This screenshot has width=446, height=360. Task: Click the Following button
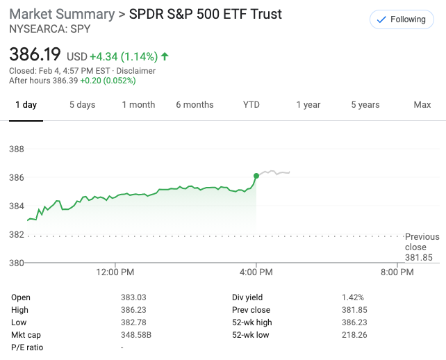tap(400, 19)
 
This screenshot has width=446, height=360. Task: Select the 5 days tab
tap(82, 105)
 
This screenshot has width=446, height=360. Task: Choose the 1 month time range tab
tap(138, 105)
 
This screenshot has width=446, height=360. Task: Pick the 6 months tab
tap(195, 105)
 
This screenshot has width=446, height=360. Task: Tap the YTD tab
tap(251, 105)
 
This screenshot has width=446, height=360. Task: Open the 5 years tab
tap(365, 105)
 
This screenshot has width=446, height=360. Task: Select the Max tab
tap(422, 105)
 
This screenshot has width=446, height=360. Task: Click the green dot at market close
tap(256, 175)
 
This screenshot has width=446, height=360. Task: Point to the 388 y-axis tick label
tap(16, 149)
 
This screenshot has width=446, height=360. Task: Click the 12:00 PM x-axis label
tap(115, 272)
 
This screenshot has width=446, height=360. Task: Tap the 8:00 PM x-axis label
tap(397, 272)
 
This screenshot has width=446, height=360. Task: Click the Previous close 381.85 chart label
tap(422, 247)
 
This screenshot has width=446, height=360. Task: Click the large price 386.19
tap(35, 54)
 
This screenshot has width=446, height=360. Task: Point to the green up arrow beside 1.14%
tap(165, 56)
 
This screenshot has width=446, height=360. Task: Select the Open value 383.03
tap(133, 297)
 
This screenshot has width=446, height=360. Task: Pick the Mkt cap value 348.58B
tap(136, 335)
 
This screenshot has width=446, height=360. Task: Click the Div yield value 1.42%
tap(352, 297)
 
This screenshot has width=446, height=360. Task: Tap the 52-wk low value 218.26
tap(354, 335)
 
